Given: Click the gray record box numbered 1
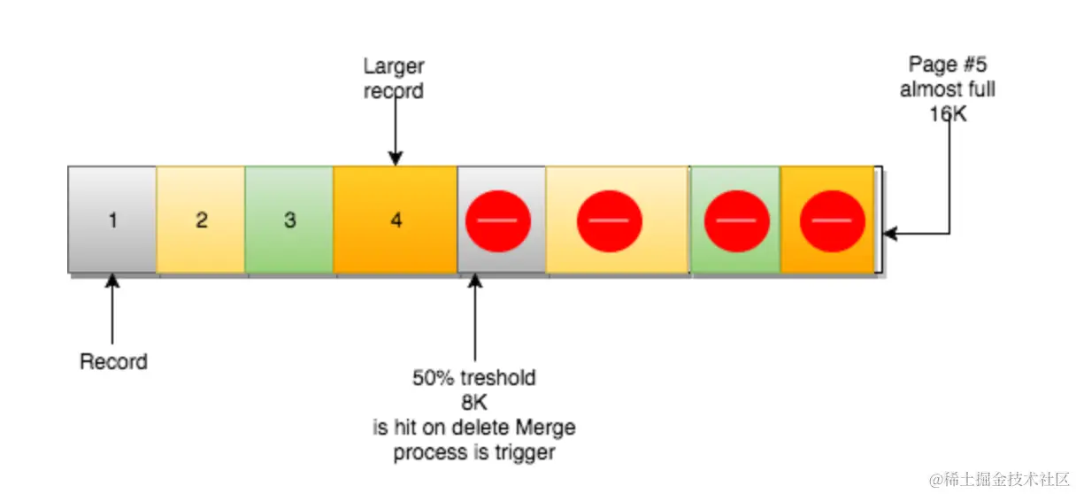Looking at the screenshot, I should point(112,220).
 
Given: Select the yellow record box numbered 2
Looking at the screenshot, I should point(201,220).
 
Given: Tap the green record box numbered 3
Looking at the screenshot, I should point(289,220).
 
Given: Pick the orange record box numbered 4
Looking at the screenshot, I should point(396,220).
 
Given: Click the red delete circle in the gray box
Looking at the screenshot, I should point(498,220).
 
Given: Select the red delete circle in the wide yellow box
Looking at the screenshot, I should point(609,220).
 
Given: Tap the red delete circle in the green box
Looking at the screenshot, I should point(736,220).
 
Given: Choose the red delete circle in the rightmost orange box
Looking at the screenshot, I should point(832,220).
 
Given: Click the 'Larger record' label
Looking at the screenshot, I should point(394,78).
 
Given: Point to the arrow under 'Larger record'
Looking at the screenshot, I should point(395,133).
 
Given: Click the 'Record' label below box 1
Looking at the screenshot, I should point(113,361).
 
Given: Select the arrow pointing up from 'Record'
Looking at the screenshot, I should point(112,310).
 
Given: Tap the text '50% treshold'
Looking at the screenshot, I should point(474,378).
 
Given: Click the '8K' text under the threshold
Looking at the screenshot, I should point(474,403).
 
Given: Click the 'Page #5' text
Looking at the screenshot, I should point(947,65).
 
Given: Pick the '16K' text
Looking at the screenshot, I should point(948,114).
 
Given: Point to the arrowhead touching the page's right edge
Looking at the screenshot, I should point(890,234).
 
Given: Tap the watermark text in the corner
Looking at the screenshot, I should point(998,478).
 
